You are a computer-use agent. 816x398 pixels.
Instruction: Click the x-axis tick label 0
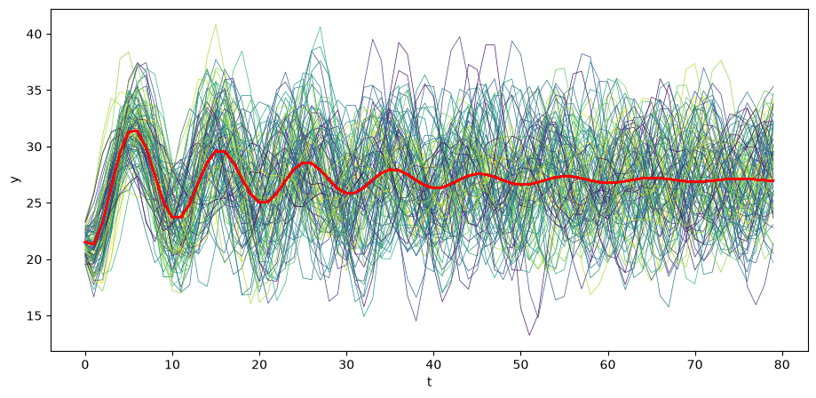pos(85,364)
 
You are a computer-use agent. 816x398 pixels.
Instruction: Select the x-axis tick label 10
pos(171,364)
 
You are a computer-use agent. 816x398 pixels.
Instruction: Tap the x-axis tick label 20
pos(259,364)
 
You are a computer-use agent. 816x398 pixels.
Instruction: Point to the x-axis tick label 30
pos(346,364)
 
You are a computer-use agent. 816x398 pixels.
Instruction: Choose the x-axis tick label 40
pos(433,364)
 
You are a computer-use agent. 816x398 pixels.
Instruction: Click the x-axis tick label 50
pos(520,364)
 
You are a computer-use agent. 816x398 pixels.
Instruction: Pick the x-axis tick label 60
pos(608,364)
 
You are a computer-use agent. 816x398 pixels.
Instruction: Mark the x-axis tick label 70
pos(694,364)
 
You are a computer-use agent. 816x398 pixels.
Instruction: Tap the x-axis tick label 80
pos(782,364)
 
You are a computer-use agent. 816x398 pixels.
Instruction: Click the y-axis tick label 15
pos(37,315)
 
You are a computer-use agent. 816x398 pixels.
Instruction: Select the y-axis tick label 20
pos(37,259)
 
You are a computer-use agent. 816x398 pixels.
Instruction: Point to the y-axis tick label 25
pos(37,203)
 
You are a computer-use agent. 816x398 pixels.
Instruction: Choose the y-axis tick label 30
pos(37,147)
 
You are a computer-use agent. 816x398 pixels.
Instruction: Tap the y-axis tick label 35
pos(37,91)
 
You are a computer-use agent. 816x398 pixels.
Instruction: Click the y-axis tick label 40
pos(37,35)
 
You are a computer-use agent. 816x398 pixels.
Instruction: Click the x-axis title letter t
pos(430,382)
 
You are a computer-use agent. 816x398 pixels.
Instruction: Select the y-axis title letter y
pos(16,179)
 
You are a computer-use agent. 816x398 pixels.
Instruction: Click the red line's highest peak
pos(134,131)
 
